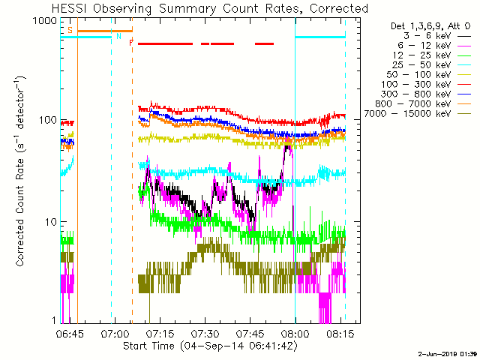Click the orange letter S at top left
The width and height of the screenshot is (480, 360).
coord(70,30)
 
